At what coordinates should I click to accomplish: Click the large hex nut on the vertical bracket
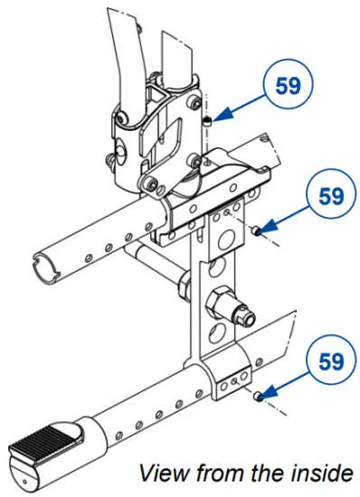pyautogui.click(x=220, y=299)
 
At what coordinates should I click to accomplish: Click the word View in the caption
pyautogui.click(x=160, y=472)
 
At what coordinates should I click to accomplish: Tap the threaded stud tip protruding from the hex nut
pyautogui.click(x=249, y=316)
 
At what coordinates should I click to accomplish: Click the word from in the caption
pyautogui.click(x=213, y=472)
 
